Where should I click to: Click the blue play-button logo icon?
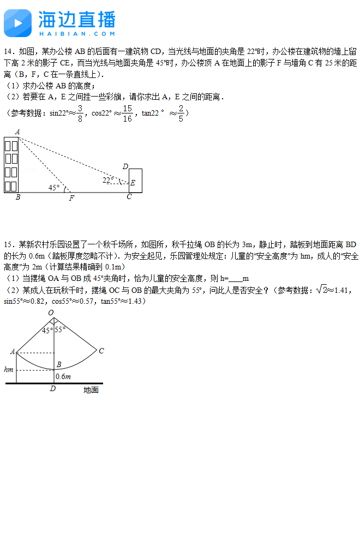[17, 22]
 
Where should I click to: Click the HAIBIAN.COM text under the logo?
[76, 33]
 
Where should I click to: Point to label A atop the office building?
[17, 131]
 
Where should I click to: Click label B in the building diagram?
[18, 197]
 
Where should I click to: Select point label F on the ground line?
[71, 199]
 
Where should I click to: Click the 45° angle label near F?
[54, 187]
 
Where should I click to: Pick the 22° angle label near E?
[108, 180]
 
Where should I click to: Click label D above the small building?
[125, 166]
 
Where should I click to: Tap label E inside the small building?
[133, 183]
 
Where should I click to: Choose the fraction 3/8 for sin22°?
[80, 113]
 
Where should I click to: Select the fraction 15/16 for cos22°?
[127, 113]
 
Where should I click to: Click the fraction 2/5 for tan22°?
[181, 113]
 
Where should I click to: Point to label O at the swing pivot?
[51, 313]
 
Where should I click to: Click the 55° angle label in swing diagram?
[60, 329]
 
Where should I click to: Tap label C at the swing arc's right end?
[101, 351]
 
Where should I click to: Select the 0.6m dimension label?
[64, 376]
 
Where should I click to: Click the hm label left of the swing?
[8, 369]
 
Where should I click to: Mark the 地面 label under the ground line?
[91, 390]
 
